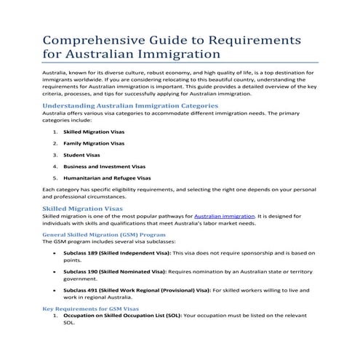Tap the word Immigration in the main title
click(174, 54)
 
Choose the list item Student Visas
click(80, 155)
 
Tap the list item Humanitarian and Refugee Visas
click(107, 177)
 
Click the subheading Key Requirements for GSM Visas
click(91, 309)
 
